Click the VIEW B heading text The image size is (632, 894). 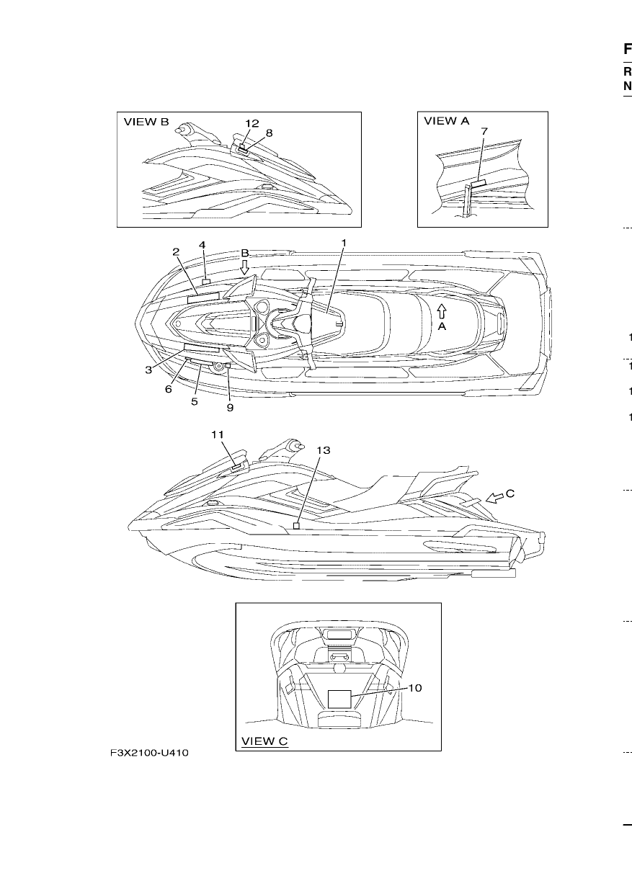pos(146,122)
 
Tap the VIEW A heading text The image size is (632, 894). pos(446,121)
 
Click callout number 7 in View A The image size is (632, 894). pos(484,131)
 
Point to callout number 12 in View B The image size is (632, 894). pos(252,124)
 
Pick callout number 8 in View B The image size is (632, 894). pos(269,133)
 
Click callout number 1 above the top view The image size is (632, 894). pos(344,243)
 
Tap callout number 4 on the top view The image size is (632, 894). pos(202,245)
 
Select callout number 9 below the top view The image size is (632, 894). pos(230,408)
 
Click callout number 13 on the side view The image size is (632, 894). pos(324,450)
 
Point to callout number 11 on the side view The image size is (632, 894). pos(218,434)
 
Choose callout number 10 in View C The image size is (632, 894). pos(415,688)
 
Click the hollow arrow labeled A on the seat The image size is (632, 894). pos(441,311)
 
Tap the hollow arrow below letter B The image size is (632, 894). pos(245,267)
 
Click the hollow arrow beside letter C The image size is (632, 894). pos(494,498)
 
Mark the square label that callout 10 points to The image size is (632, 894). pos(339,699)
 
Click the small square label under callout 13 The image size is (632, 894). pos(296,526)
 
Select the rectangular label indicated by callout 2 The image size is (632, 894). pos(203,298)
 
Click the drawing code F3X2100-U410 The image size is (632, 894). pos(149,753)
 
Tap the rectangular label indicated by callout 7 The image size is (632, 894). pos(479,183)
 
